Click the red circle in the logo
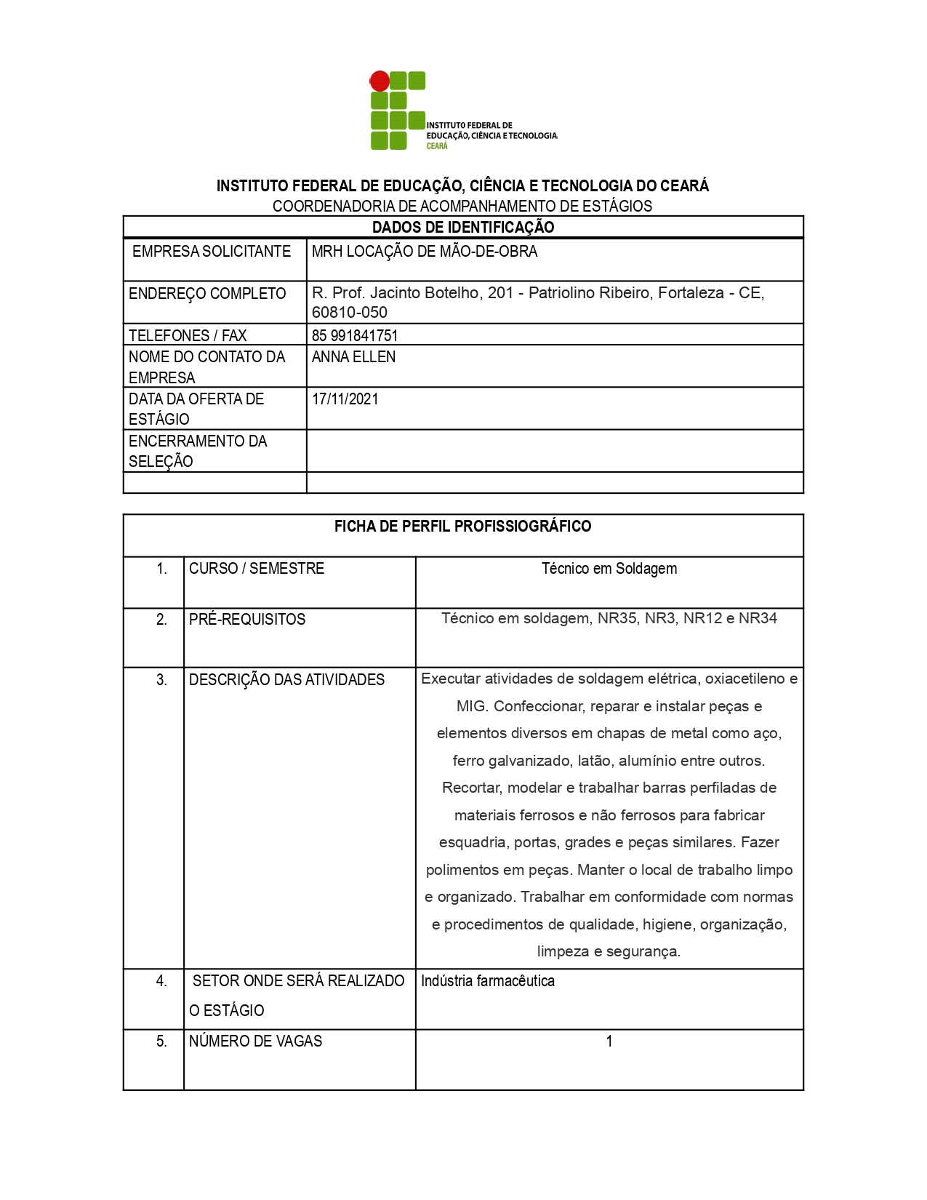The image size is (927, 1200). (x=380, y=81)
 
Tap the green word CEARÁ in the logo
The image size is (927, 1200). (x=437, y=146)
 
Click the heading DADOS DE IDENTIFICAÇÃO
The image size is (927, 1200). (x=463, y=227)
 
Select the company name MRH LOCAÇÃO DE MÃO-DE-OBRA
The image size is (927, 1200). (x=425, y=252)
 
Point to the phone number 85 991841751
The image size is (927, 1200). (x=355, y=335)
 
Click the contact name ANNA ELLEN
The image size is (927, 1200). (x=354, y=357)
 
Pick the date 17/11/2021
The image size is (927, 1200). (x=345, y=399)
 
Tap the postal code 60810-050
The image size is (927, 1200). (x=350, y=313)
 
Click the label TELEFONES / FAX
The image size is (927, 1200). (x=188, y=335)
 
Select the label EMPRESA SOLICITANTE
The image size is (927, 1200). (x=212, y=252)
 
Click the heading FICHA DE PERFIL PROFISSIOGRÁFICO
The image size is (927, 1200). (x=463, y=527)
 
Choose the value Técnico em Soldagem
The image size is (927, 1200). (x=609, y=569)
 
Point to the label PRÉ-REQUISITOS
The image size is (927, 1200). (x=247, y=620)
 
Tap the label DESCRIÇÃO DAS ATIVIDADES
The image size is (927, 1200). (x=287, y=680)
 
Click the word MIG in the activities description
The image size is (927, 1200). (x=470, y=706)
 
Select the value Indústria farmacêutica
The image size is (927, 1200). (x=488, y=981)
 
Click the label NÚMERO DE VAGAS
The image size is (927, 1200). (x=255, y=1041)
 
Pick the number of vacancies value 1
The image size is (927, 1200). (x=609, y=1041)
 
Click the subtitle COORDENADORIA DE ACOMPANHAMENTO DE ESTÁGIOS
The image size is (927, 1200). (x=462, y=207)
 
